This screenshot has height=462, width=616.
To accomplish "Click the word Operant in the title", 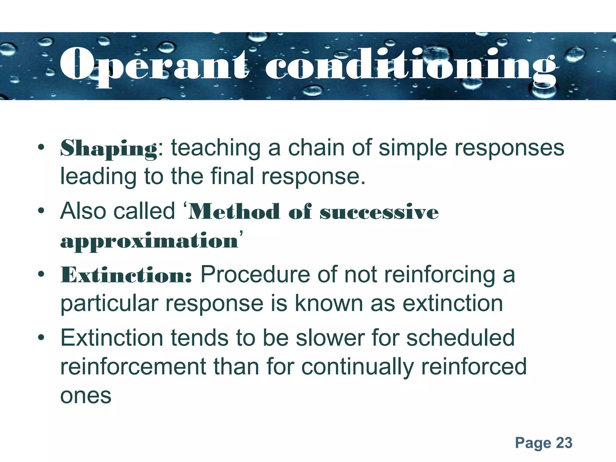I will pos(153,65).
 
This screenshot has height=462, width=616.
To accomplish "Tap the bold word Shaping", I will pos(109,148).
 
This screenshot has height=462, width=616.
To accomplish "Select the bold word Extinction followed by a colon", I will pos(126,275).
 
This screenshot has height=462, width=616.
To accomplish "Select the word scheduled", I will pos(460,338).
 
